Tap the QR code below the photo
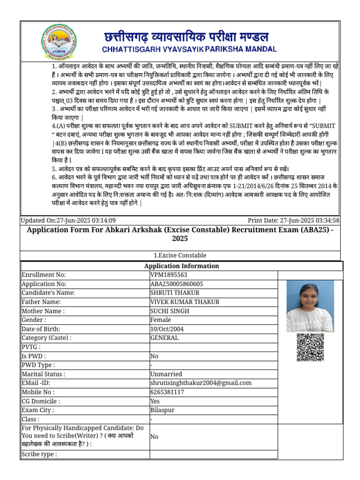point(310,347)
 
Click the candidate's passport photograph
point(310,306)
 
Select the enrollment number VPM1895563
point(169,275)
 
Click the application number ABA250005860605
point(177,284)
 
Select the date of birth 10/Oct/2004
point(167,329)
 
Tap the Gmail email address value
point(201,383)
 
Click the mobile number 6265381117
point(167,392)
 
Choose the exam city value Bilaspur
point(162,410)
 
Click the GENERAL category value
point(164,338)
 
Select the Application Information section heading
point(182,266)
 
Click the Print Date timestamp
point(293,220)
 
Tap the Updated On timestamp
point(68,220)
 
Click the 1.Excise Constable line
point(180,255)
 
